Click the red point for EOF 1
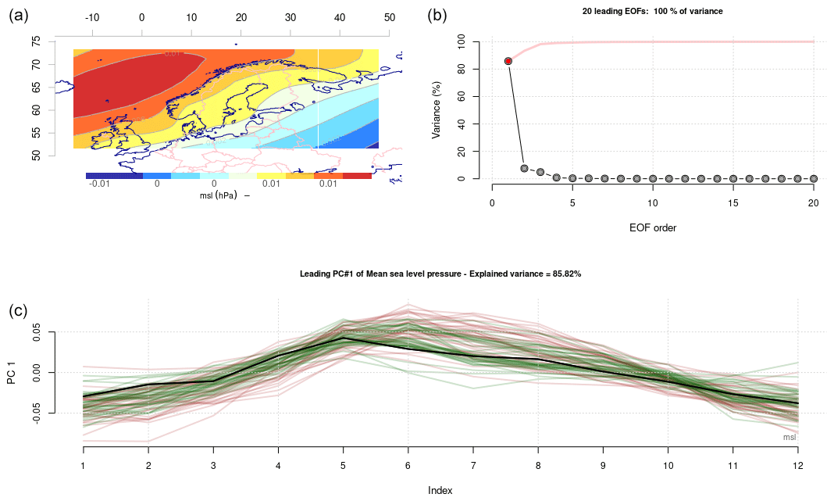508,61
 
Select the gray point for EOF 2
524,168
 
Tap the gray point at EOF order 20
813,178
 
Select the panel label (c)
18,310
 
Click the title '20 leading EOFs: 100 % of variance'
652,11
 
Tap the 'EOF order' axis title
652,228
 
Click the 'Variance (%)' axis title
437,109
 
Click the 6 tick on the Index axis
408,465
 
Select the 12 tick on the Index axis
797,465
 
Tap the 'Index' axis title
440,491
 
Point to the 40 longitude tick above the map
340,16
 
